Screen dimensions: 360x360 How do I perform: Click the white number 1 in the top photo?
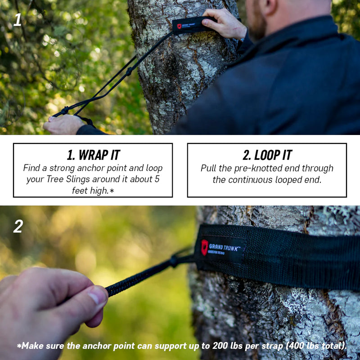click(17, 19)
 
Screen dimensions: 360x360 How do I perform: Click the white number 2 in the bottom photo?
click(18, 226)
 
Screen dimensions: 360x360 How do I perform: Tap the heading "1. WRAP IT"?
click(93, 155)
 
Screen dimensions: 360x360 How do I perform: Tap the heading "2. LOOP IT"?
click(267, 155)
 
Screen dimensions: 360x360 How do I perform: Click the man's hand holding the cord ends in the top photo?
click(63, 124)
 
